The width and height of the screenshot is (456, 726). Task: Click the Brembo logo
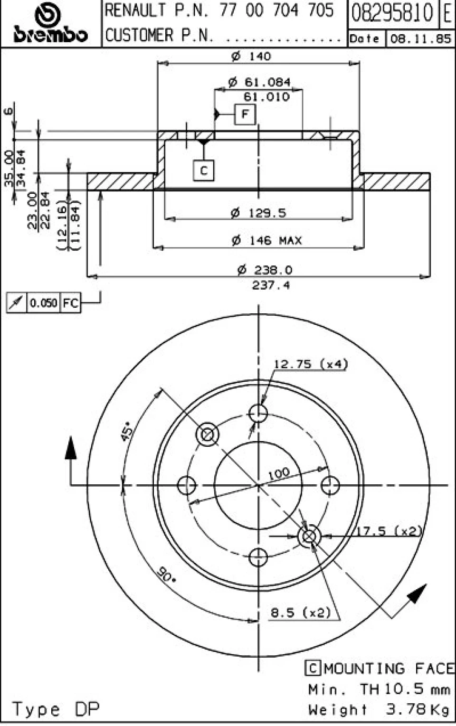pyautogui.click(x=51, y=23)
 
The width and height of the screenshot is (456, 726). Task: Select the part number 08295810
pyautogui.click(x=392, y=13)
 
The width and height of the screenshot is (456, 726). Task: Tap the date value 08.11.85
pyautogui.click(x=421, y=39)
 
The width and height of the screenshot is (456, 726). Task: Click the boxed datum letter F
pyautogui.click(x=245, y=114)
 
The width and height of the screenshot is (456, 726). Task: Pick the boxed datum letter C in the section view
pyautogui.click(x=203, y=170)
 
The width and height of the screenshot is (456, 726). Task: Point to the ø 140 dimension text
pyautogui.click(x=251, y=56)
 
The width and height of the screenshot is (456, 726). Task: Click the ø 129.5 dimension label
pyautogui.click(x=258, y=213)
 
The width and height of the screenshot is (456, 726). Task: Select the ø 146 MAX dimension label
pyautogui.click(x=266, y=240)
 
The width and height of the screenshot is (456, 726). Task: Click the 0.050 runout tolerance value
pyautogui.click(x=43, y=303)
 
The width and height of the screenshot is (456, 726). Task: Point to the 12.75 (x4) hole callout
pyautogui.click(x=311, y=364)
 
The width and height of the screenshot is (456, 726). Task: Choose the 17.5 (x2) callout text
pyautogui.click(x=389, y=531)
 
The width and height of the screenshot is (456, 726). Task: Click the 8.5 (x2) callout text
pyautogui.click(x=301, y=613)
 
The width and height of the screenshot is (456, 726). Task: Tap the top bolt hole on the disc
pyautogui.click(x=258, y=413)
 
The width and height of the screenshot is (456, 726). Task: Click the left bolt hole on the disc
pyautogui.click(x=187, y=485)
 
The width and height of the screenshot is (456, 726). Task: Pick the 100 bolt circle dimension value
pyautogui.click(x=279, y=474)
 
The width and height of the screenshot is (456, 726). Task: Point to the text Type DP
pyautogui.click(x=56, y=709)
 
